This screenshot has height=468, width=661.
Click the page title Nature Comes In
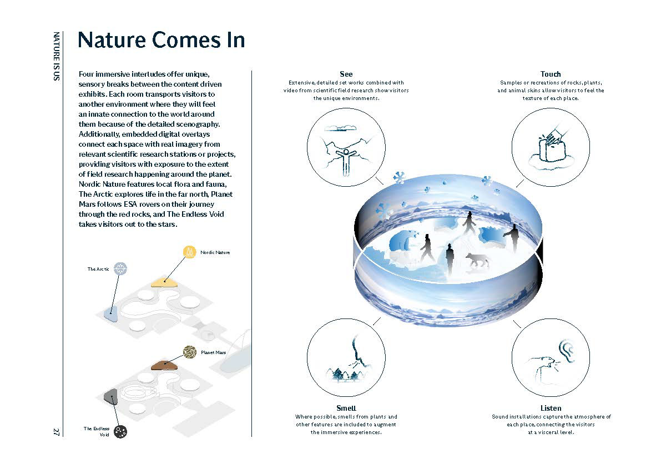(x=161, y=40)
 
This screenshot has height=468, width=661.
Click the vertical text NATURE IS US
(x=56, y=56)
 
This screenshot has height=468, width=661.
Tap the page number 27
(x=56, y=432)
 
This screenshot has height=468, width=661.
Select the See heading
(x=346, y=74)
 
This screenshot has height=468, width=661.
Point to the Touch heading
(x=551, y=74)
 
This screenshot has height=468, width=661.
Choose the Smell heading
(x=346, y=408)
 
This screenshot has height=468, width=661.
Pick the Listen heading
(x=551, y=408)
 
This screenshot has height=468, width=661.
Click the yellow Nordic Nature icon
(x=190, y=252)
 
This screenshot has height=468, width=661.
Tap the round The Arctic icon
(x=120, y=268)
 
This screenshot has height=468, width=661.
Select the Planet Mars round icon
(x=190, y=352)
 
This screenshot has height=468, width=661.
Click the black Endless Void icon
(x=120, y=431)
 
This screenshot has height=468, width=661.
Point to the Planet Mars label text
(x=213, y=352)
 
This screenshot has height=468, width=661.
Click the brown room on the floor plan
(x=164, y=365)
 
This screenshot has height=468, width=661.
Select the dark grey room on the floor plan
(x=111, y=396)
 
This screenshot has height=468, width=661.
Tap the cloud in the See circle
(x=341, y=127)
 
